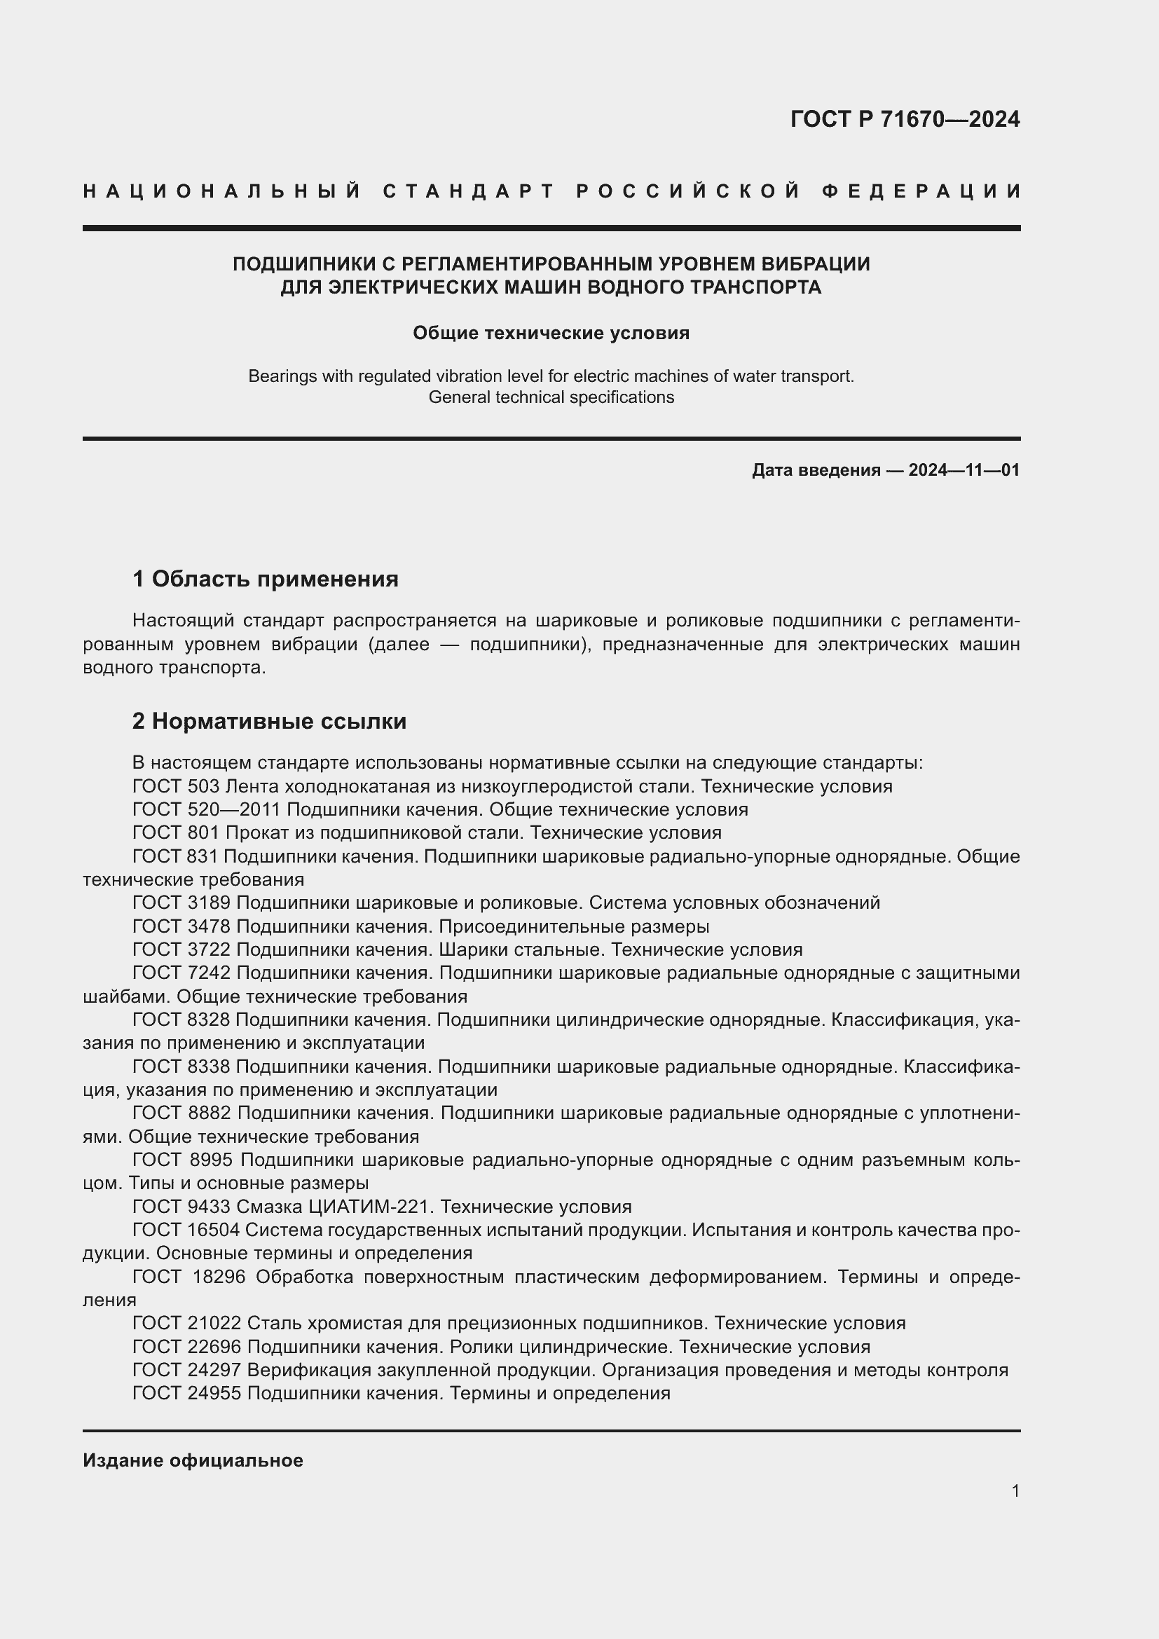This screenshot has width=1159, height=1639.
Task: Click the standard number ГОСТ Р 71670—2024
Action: [904, 119]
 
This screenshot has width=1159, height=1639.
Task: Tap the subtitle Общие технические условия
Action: [551, 334]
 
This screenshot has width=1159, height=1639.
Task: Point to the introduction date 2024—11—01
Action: [963, 470]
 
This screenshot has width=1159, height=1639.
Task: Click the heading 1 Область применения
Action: [266, 579]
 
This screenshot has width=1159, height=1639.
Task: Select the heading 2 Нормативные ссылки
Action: [269, 722]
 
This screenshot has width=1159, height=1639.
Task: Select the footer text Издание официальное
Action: [193, 1460]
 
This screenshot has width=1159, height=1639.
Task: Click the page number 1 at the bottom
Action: [1015, 1490]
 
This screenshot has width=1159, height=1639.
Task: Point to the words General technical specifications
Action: [551, 397]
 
